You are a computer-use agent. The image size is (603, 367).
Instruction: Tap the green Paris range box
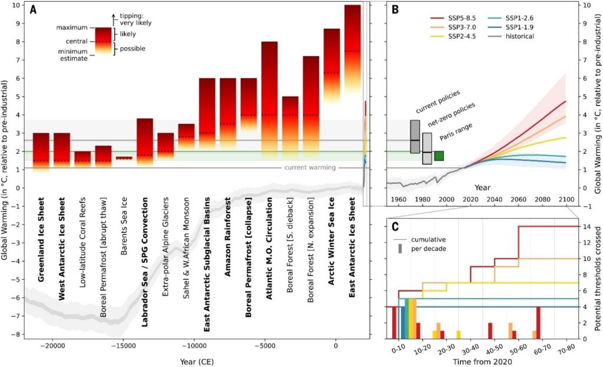(x=439, y=156)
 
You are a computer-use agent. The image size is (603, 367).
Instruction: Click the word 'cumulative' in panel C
(x=429, y=240)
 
